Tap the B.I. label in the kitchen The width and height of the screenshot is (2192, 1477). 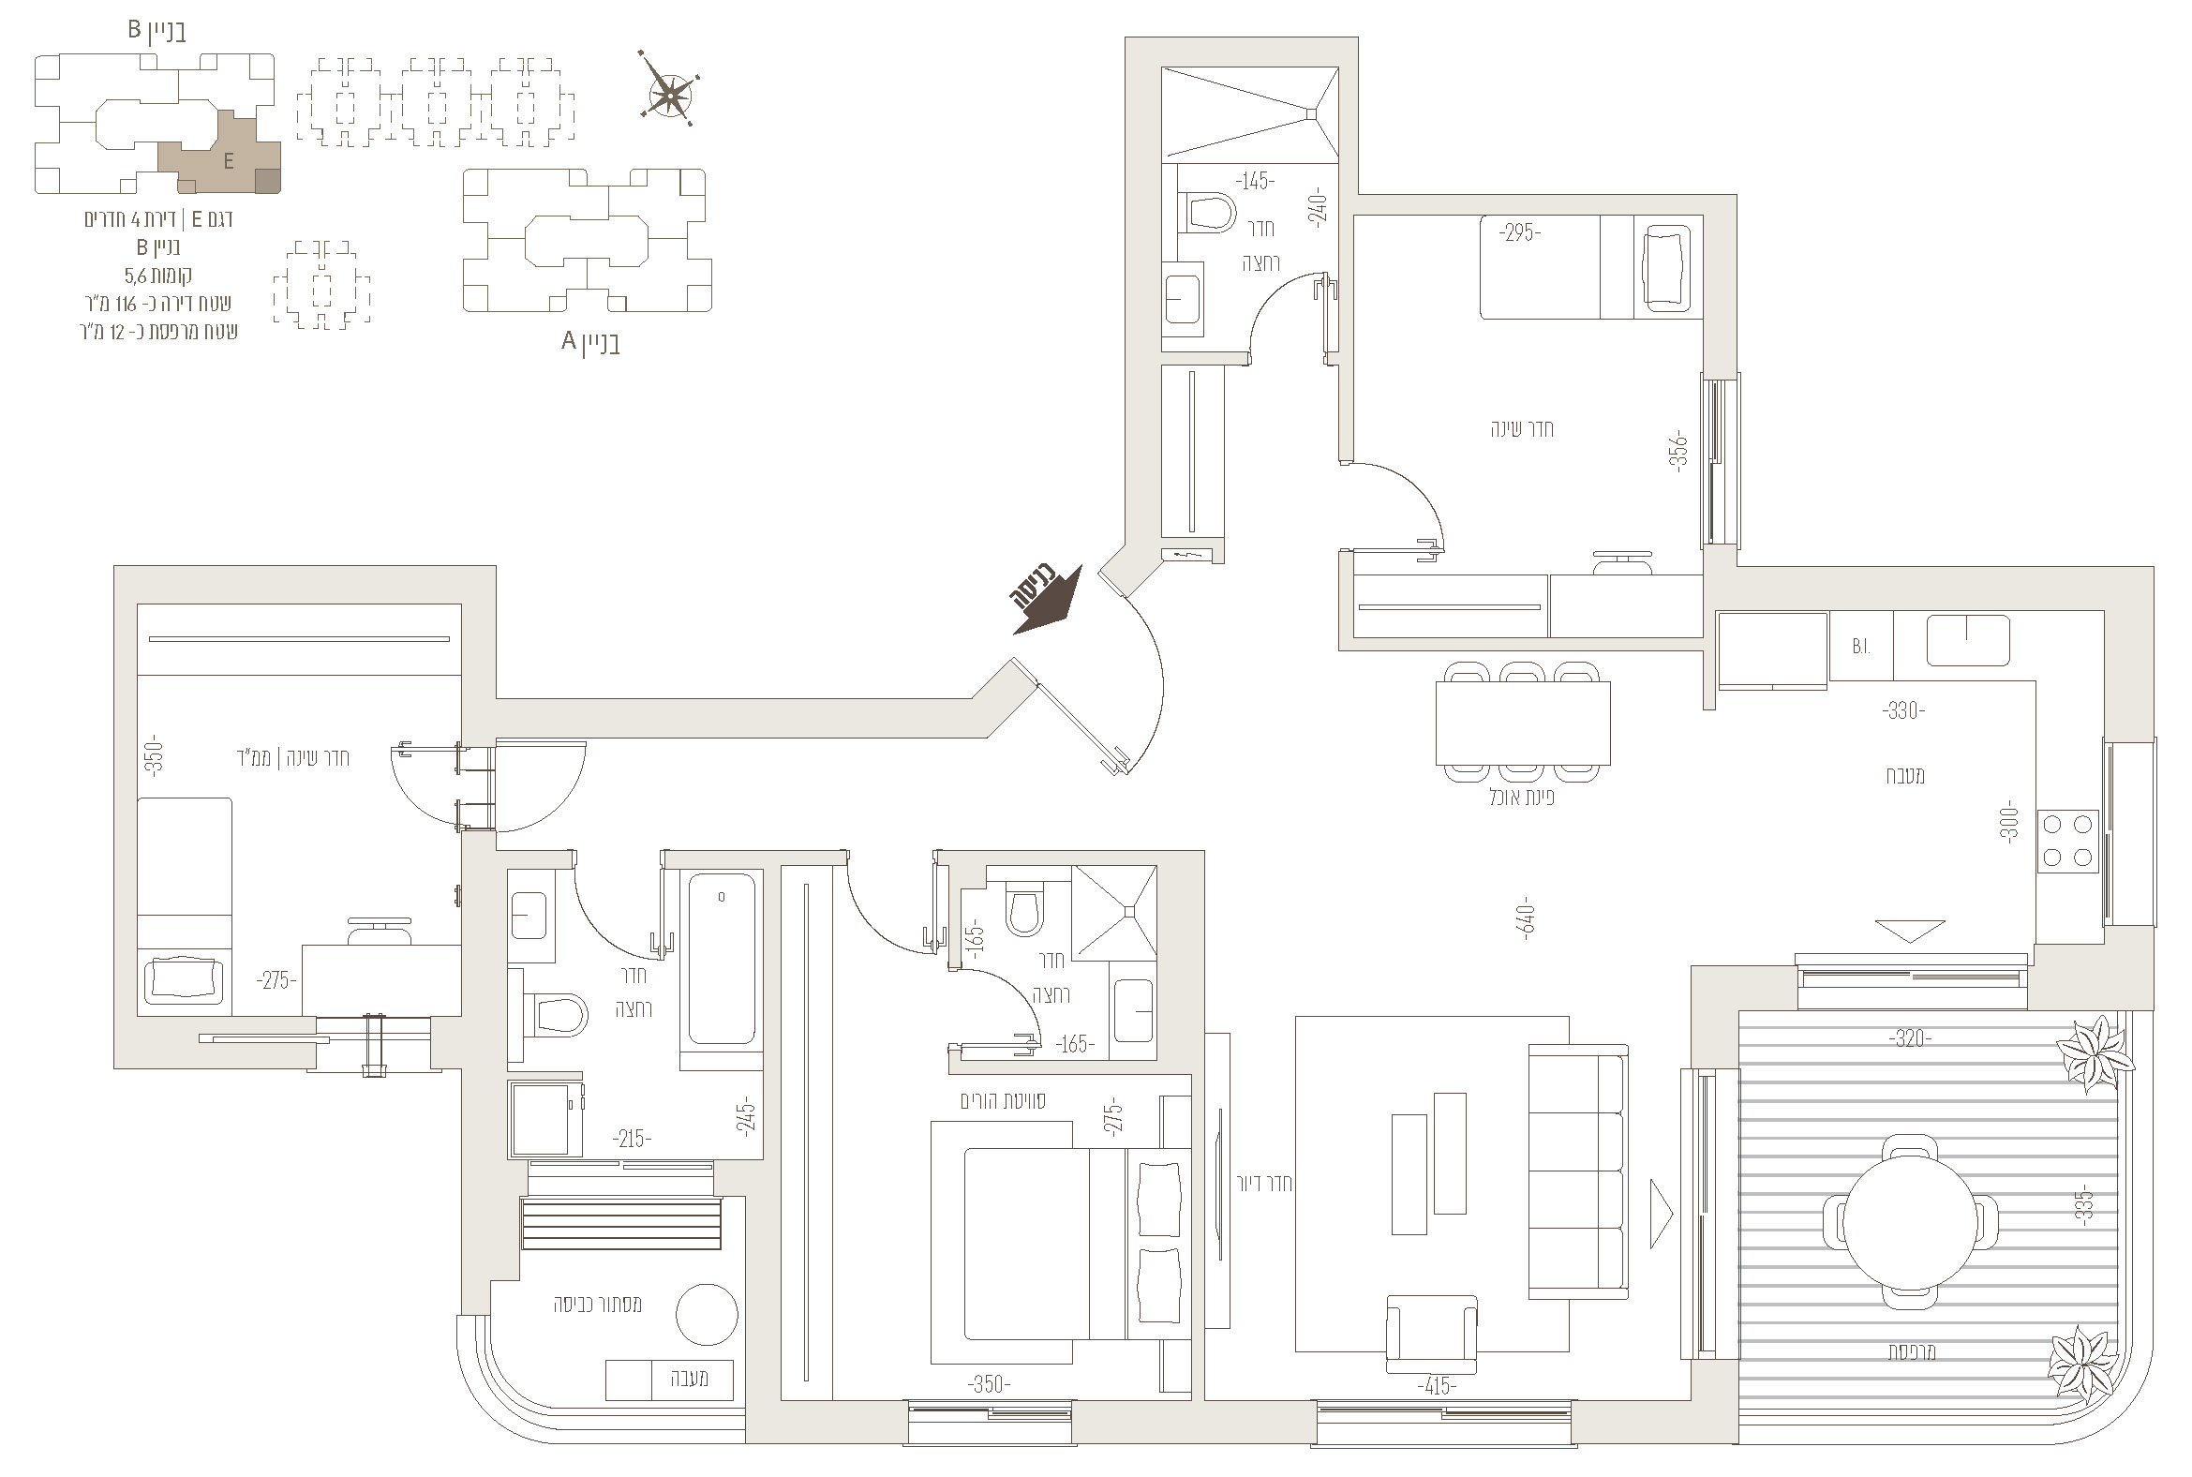pyautogui.click(x=1860, y=647)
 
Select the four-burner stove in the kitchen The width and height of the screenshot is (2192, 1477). pyautogui.click(x=2068, y=841)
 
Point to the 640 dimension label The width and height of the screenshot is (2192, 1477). pyautogui.click(x=1527, y=918)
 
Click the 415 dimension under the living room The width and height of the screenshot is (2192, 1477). pyautogui.click(x=1436, y=1386)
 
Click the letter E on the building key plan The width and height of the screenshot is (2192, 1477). pyautogui.click(x=229, y=162)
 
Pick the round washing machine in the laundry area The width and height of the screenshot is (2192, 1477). pyautogui.click(x=707, y=1314)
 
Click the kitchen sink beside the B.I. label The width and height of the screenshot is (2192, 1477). pyautogui.click(x=1968, y=640)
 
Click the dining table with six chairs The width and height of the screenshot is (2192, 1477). pyautogui.click(x=1522, y=722)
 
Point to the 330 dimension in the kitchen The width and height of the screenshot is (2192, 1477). pyautogui.click(x=1902, y=710)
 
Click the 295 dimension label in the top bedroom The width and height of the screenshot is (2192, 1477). pyautogui.click(x=1519, y=232)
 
